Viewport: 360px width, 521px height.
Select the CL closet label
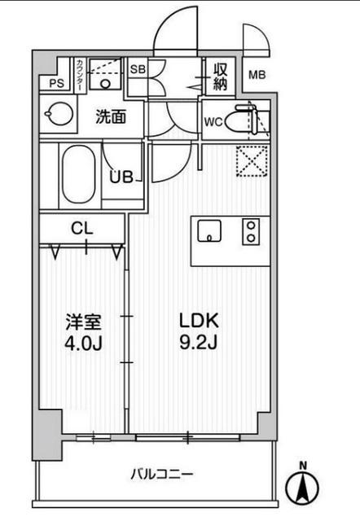pyautogui.click(x=80, y=229)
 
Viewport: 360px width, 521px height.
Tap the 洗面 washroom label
pyautogui.click(x=111, y=116)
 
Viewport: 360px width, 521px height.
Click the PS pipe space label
pyautogui.click(x=55, y=82)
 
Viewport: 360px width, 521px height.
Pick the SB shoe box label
pyautogui.click(x=138, y=70)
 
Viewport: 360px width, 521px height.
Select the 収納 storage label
pyautogui.click(x=220, y=76)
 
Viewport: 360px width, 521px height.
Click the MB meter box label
pyautogui.click(x=256, y=76)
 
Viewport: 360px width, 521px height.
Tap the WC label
pyautogui.click(x=213, y=123)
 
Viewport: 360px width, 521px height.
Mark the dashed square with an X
pyautogui.click(x=252, y=160)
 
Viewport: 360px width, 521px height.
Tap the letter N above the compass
pyautogui.click(x=303, y=466)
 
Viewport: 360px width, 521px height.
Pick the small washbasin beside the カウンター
pyautogui.click(x=103, y=81)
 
